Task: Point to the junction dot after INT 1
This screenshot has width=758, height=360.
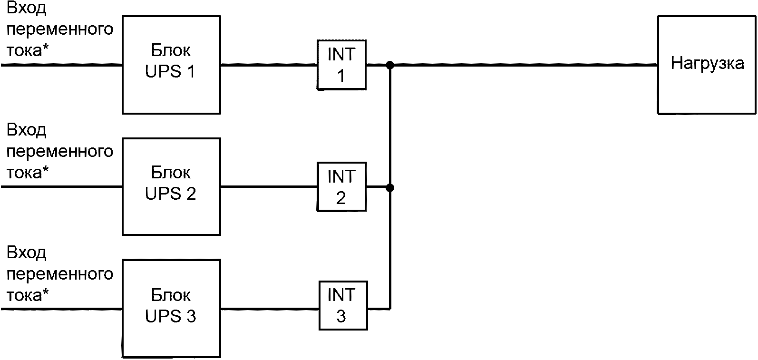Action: pyautogui.click(x=390, y=65)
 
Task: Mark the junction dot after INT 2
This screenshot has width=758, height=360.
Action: pyautogui.click(x=390, y=187)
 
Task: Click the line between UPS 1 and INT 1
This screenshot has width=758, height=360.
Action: pyautogui.click(x=269, y=64)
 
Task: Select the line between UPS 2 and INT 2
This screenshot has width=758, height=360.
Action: pyautogui.click(x=269, y=186)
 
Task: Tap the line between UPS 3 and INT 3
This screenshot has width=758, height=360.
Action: pyautogui.click(x=270, y=309)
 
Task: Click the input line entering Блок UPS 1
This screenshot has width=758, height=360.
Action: pyautogui.click(x=62, y=65)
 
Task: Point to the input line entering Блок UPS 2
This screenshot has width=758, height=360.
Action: pyautogui.click(x=62, y=186)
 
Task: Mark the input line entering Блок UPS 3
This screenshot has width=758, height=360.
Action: pyautogui.click(x=62, y=309)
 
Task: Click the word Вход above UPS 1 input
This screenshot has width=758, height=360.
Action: pyautogui.click(x=27, y=8)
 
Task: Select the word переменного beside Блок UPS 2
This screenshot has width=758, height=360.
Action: pyautogui.click(x=60, y=152)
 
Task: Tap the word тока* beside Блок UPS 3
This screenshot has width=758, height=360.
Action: pyautogui.click(x=28, y=294)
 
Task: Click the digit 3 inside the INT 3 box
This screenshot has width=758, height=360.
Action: pyautogui.click(x=341, y=316)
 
